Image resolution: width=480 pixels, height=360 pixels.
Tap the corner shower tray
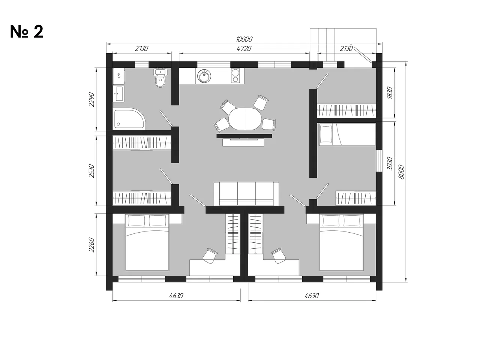click(x=129, y=119)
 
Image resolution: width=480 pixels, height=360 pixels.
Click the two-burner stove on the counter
click(x=235, y=76)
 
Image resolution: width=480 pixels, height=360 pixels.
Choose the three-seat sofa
click(x=246, y=194)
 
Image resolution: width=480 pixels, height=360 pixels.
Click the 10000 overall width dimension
click(x=244, y=39)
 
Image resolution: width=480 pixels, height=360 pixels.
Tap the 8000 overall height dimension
click(x=401, y=172)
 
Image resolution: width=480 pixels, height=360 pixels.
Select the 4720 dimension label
click(x=244, y=48)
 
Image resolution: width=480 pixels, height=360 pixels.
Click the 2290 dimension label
click(x=91, y=100)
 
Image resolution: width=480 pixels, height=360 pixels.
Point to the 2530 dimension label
click(x=91, y=171)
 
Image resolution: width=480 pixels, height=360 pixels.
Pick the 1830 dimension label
click(x=390, y=93)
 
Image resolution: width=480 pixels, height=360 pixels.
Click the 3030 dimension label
click(x=390, y=163)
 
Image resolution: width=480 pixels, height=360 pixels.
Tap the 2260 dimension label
click(x=91, y=245)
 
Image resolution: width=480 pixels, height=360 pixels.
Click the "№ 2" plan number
click(x=27, y=32)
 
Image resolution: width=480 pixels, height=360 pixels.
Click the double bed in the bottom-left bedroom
click(x=147, y=242)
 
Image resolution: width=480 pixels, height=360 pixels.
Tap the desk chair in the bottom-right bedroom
click(x=278, y=255)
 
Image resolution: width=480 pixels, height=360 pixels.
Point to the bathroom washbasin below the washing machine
click(x=119, y=94)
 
